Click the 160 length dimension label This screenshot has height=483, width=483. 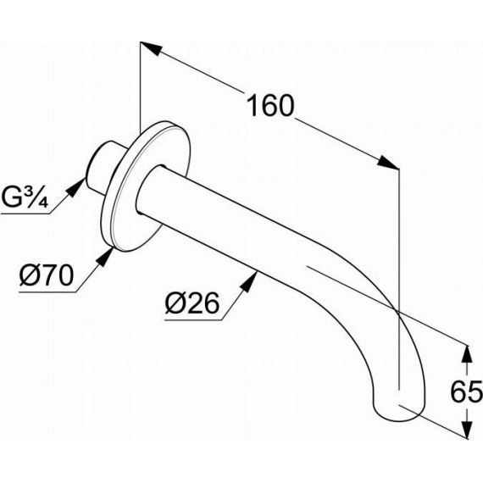click(270, 106)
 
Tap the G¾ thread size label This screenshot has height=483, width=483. click(25, 197)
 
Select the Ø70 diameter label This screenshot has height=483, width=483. click(47, 275)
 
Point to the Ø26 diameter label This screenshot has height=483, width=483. click(192, 303)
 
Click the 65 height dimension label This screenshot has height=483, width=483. click(466, 391)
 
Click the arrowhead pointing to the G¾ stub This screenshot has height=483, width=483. click(76, 187)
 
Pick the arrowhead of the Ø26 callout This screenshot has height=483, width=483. click(248, 283)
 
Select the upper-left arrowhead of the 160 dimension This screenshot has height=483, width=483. click(152, 48)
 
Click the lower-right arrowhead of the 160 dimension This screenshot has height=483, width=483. click(388, 162)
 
